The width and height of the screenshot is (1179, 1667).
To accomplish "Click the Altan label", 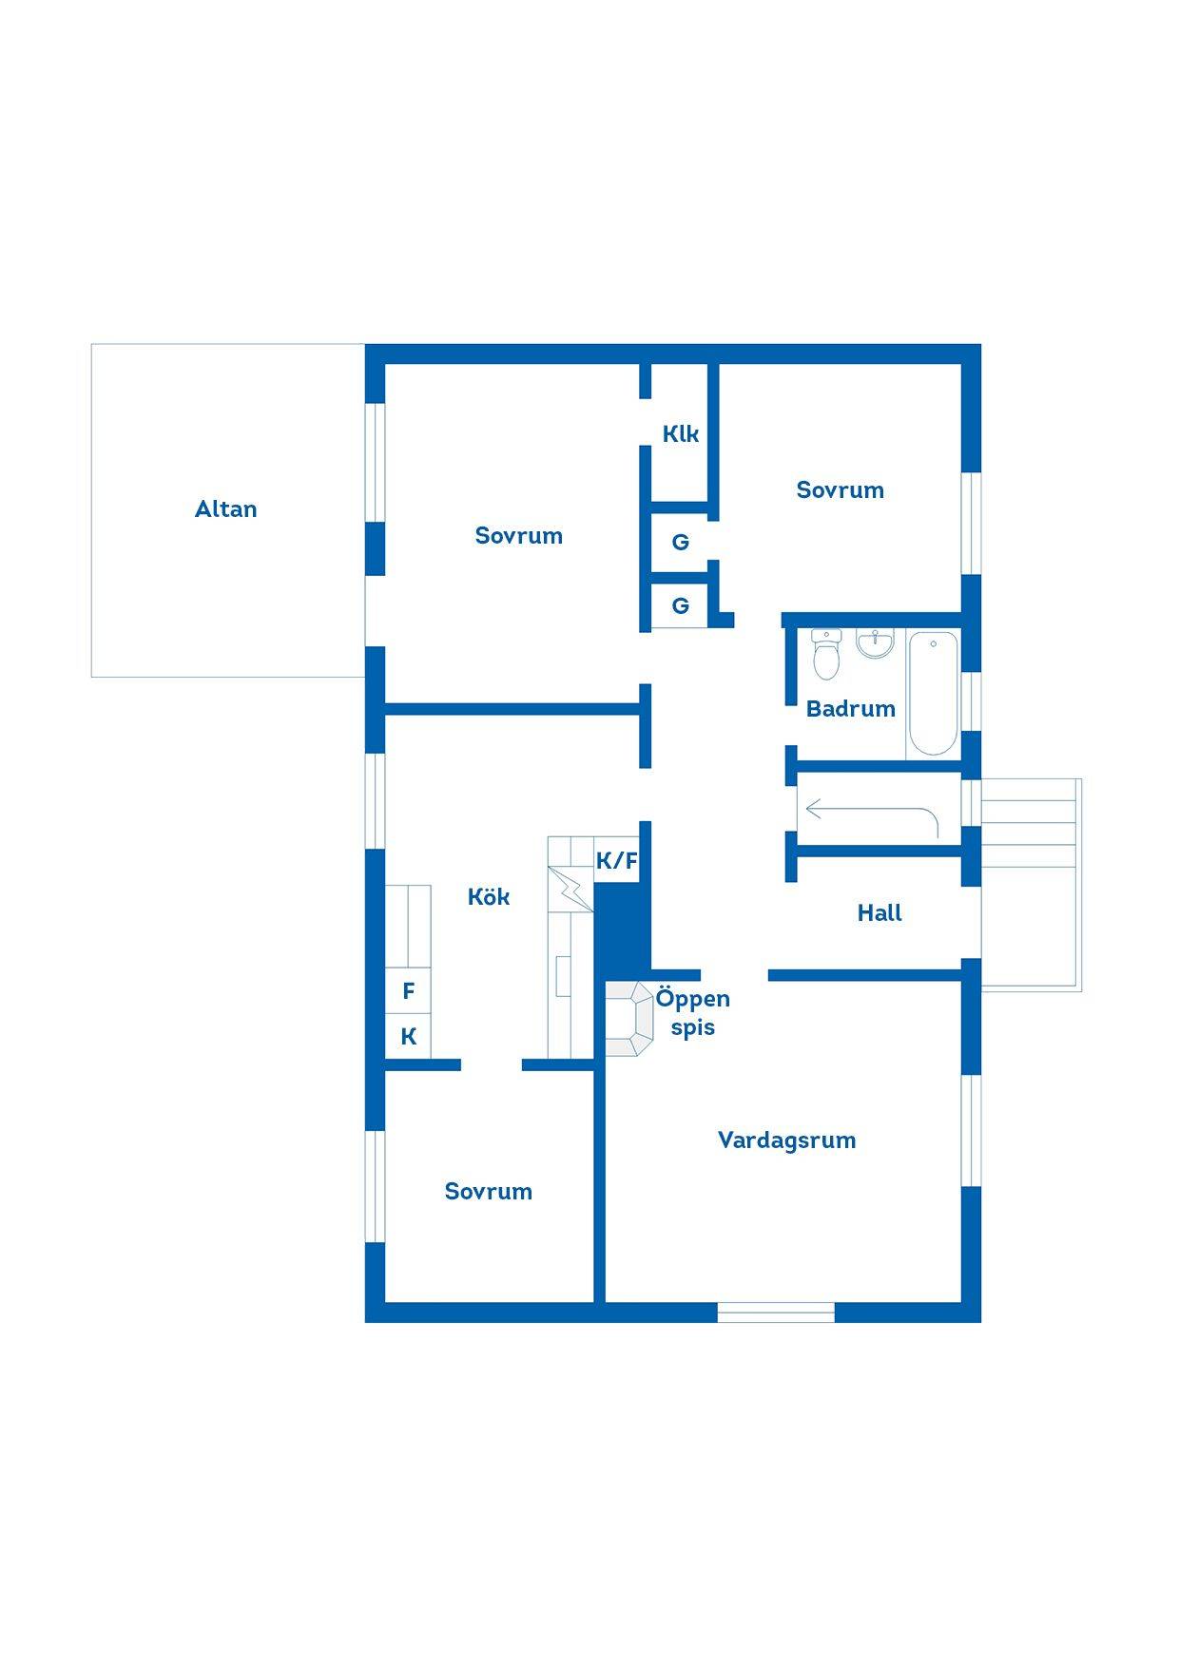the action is tap(225, 509).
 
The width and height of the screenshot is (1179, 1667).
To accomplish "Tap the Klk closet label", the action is tap(681, 434).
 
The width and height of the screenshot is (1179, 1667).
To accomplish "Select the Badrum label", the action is tap(851, 709).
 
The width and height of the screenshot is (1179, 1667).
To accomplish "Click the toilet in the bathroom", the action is tap(826, 655).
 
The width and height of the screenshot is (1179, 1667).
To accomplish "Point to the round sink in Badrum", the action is tap(875, 642).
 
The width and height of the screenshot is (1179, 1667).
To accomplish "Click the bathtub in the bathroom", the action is tap(933, 693).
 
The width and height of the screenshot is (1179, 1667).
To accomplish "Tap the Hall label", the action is tap(879, 913).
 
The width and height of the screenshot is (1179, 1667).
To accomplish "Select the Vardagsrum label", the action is tap(787, 1140).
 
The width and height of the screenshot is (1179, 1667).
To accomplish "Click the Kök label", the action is tap(489, 896).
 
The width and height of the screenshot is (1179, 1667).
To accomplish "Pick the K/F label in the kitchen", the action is tap(616, 861).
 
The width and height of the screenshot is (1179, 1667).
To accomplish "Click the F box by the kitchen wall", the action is tap(409, 991).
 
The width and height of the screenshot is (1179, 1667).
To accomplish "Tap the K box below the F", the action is tap(409, 1037).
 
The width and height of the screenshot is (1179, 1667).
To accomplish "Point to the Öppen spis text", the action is tap(692, 1013).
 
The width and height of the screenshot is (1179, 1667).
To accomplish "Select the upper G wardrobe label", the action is tap(681, 543).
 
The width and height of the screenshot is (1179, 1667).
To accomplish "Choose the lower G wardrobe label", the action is tap(681, 606).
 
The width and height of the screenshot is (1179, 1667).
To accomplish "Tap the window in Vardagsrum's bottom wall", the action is tap(776, 1313).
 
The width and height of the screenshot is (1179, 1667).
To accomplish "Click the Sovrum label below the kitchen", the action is tap(489, 1192).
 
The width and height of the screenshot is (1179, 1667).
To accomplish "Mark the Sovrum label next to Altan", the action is tap(519, 536).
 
